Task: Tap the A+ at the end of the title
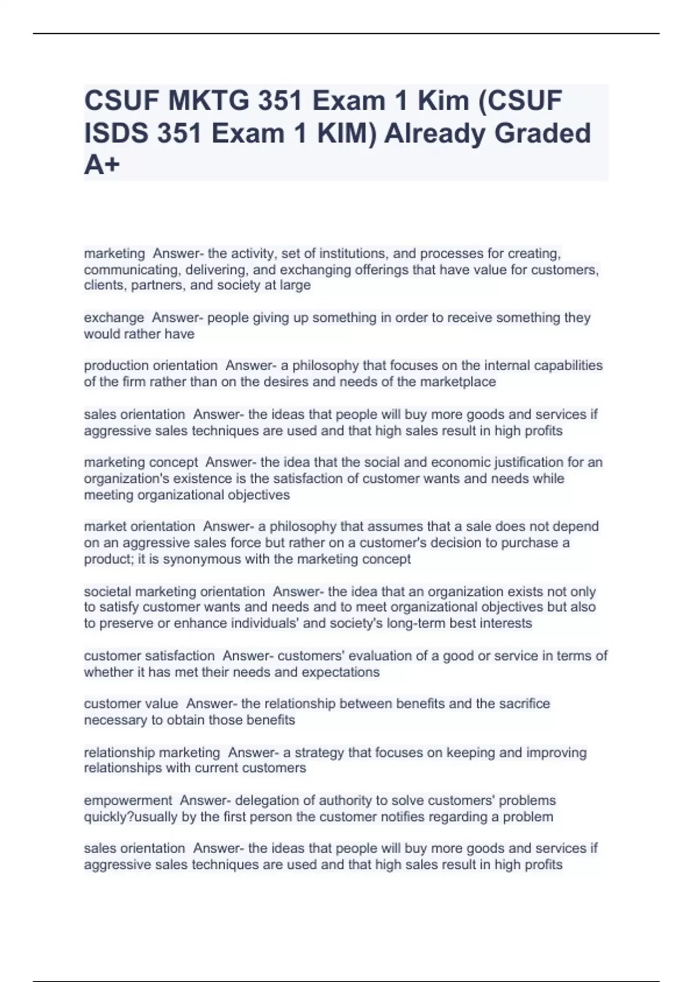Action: point(102,165)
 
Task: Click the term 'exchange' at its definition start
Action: point(114,318)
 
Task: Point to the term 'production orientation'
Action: point(151,366)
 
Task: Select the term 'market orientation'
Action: point(140,526)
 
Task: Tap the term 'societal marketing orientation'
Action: point(174,592)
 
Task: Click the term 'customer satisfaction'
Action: point(149,656)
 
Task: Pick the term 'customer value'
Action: point(131,704)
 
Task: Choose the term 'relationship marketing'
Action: point(152,753)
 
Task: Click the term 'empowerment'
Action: point(128,801)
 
